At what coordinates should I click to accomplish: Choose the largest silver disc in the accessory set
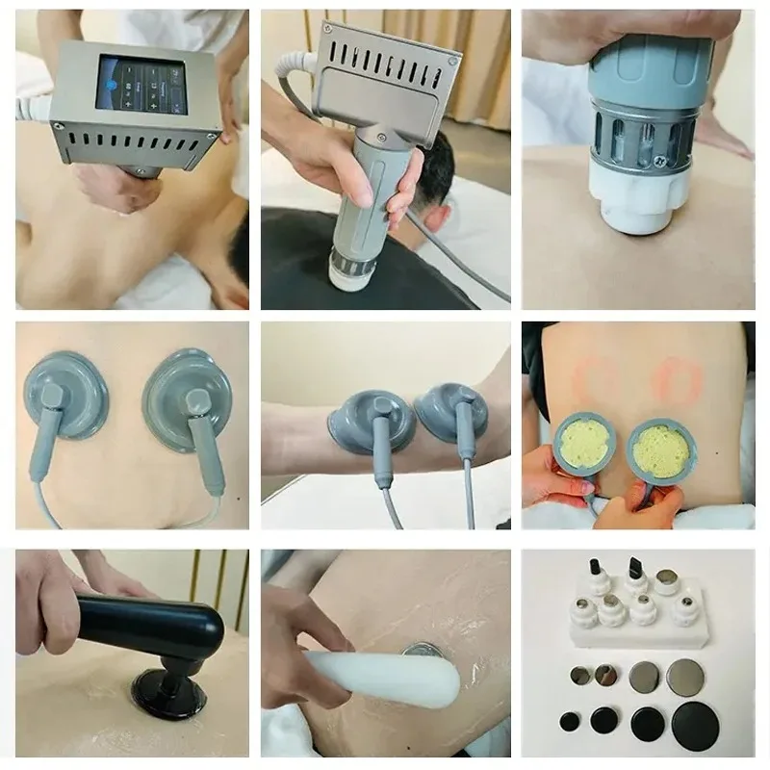[x=684, y=675]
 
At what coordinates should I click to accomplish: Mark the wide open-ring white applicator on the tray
[x=666, y=581]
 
